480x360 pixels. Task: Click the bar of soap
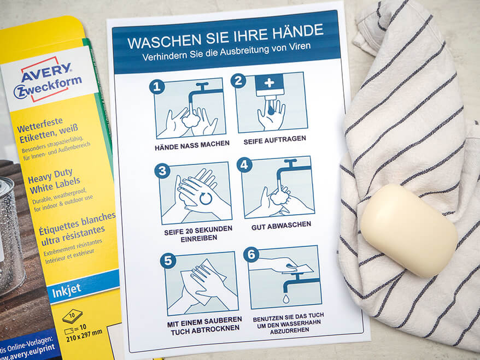(x=408, y=229)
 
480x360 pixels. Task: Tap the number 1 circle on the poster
(x=157, y=87)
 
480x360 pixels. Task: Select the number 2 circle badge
(x=238, y=81)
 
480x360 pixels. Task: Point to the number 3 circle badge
(x=162, y=171)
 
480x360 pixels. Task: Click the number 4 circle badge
(x=244, y=164)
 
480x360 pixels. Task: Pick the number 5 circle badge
(x=168, y=261)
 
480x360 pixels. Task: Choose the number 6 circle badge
(x=251, y=254)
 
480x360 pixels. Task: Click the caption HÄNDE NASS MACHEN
(x=192, y=144)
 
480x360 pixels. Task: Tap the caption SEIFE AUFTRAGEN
(x=275, y=139)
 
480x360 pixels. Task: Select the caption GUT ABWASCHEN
(x=282, y=225)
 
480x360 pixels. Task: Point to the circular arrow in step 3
(x=206, y=198)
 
